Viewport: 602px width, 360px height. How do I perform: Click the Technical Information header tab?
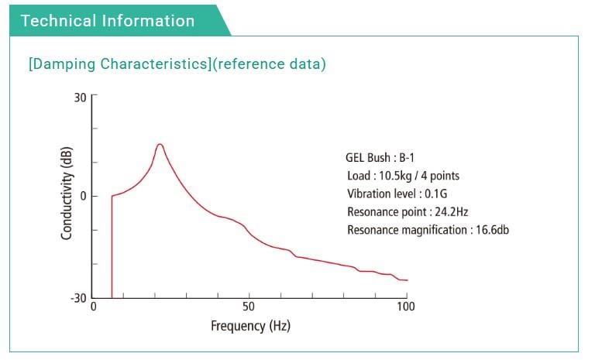click(108, 21)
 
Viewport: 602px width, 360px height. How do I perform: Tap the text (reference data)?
click(270, 64)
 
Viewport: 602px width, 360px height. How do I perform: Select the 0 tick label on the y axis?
click(83, 196)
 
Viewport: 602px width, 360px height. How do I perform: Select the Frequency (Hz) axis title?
click(250, 326)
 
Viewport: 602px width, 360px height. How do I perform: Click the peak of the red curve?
click(160, 144)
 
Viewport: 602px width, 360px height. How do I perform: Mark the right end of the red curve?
click(407, 280)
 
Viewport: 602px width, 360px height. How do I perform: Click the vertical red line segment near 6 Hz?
click(112, 248)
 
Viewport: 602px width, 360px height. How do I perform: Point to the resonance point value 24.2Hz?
click(452, 211)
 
